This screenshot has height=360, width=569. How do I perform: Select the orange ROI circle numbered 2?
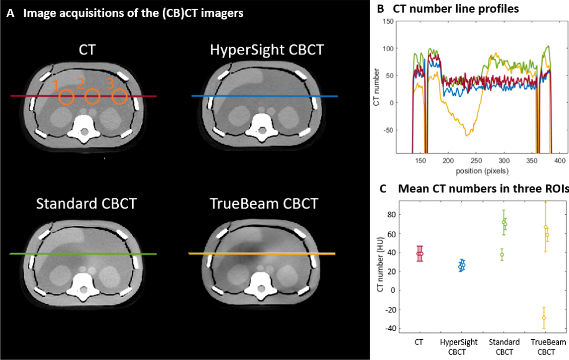coord(92,97)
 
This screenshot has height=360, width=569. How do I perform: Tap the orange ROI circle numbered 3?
coord(119,97)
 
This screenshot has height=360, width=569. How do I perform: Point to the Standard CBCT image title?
coord(86,204)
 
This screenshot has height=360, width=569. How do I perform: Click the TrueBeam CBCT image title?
coord(264,204)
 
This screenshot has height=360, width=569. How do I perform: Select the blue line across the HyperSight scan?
coord(264,96)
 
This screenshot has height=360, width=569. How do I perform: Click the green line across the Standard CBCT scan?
coord(83,254)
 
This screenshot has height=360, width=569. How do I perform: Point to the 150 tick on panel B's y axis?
coord(388,22)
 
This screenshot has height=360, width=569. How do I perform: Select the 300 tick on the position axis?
coord(504,161)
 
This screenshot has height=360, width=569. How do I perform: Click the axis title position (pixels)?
coord(482,171)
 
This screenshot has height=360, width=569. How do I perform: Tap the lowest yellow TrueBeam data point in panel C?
coord(544,318)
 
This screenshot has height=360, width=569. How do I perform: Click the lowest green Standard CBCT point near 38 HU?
coord(502,255)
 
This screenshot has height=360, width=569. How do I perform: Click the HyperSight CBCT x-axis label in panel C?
coord(458,347)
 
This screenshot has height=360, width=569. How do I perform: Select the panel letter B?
coord(381,9)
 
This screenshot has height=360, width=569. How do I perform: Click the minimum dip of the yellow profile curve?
coord(467,136)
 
